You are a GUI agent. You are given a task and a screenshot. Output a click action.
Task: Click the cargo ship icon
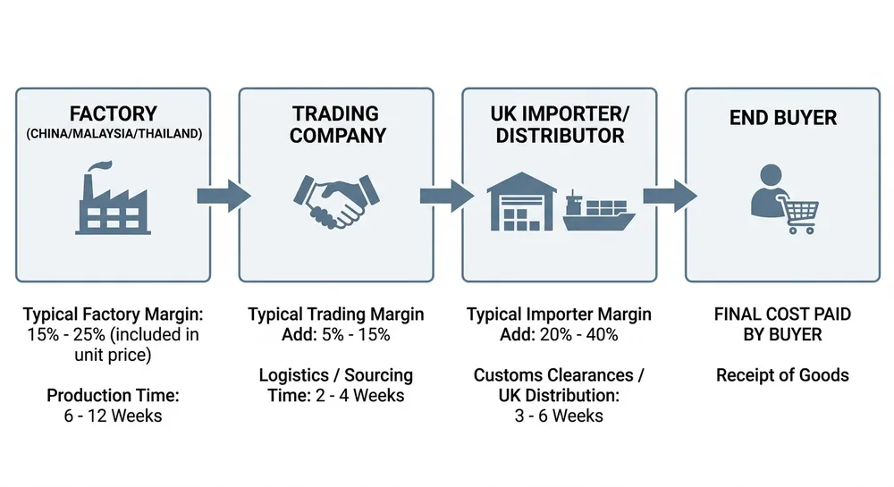point(598,210)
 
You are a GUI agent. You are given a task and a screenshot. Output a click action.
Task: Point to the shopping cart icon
point(799,215)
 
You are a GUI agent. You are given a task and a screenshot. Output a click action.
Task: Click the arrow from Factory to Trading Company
point(223,193)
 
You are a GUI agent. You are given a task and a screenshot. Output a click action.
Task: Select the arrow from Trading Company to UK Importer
point(447,193)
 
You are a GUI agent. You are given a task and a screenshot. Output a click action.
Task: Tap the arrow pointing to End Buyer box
point(670,193)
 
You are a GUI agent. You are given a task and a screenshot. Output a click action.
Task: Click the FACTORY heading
point(113,114)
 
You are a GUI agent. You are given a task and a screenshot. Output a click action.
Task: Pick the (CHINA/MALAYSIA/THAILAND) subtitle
point(113,135)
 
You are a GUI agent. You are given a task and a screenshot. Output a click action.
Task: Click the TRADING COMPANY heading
point(336,125)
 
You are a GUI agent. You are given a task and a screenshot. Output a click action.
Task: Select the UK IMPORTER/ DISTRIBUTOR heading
point(560,125)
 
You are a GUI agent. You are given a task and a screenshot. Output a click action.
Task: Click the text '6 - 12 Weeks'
point(113,415)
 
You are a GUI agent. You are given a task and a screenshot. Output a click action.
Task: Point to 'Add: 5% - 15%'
point(336,335)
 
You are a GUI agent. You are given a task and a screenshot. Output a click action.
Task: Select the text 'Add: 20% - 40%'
point(560,335)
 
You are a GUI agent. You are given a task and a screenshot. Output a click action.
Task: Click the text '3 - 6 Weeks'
point(560,416)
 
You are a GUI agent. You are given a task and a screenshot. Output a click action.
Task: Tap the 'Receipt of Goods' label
point(782,375)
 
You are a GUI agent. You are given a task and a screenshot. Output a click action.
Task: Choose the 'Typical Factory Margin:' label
point(113,315)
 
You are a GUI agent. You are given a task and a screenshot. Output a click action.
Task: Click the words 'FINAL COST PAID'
point(782,315)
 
